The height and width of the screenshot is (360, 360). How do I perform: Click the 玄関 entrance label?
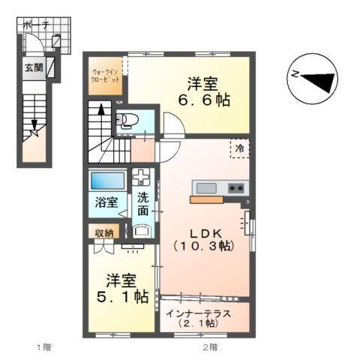(x=33, y=68)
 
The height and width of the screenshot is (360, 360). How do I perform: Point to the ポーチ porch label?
(x=36, y=25)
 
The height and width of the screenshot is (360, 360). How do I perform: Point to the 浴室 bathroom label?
(x=106, y=202)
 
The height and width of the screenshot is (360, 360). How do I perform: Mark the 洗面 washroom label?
(x=142, y=204)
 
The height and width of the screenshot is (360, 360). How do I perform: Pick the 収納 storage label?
(x=104, y=232)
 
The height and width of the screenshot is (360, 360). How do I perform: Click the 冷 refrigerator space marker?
(x=239, y=149)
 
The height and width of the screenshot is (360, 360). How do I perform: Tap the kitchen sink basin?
(x=206, y=187)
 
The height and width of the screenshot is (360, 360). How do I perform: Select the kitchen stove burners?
(x=236, y=187)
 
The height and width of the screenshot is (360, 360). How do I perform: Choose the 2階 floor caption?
(x=209, y=347)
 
